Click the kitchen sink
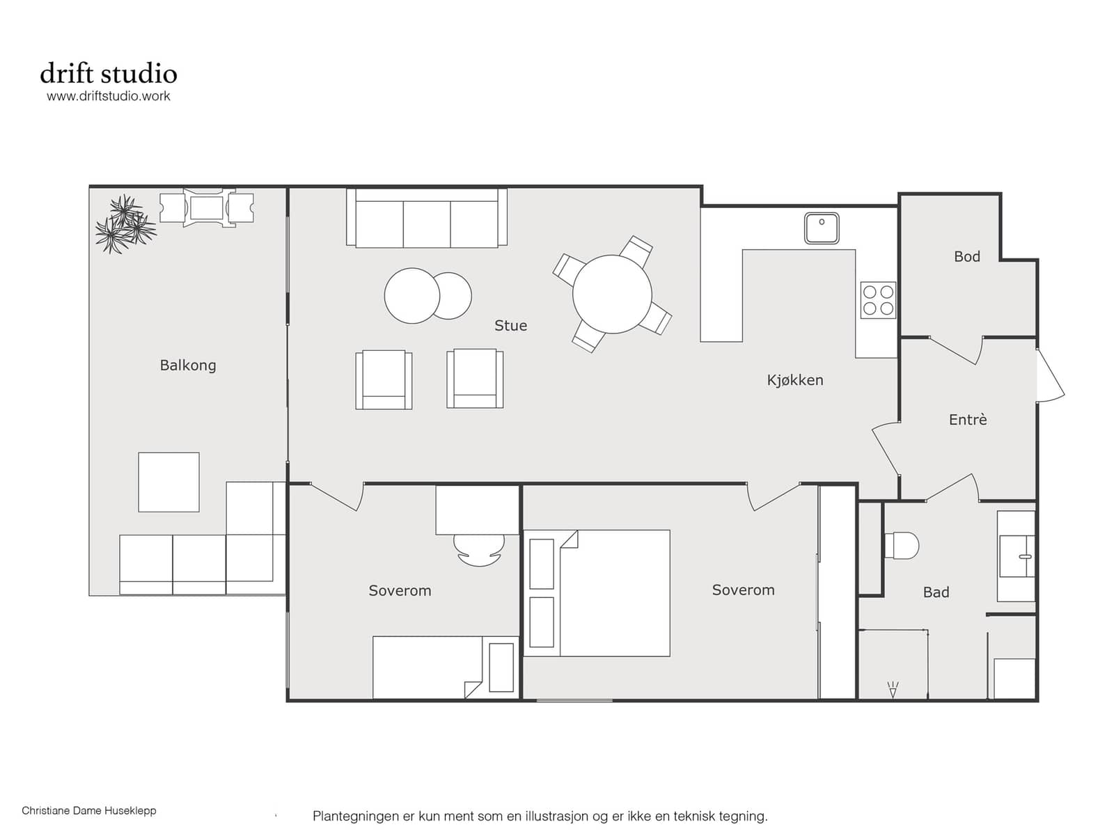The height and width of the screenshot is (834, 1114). [x=822, y=228]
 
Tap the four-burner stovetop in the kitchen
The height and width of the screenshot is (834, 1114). [x=878, y=300]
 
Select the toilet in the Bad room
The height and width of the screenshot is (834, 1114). [x=902, y=545]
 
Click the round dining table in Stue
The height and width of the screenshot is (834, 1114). [x=612, y=294]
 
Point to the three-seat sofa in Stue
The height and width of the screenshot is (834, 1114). [x=427, y=218]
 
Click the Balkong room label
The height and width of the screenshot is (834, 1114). [x=188, y=365]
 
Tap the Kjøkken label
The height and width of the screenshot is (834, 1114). [x=795, y=380]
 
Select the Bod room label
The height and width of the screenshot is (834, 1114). [x=967, y=257]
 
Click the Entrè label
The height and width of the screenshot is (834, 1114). [x=968, y=420]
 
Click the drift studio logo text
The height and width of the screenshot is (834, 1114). [x=109, y=74]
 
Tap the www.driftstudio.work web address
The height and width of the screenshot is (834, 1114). [x=109, y=96]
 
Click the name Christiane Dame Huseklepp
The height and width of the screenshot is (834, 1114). [x=89, y=810]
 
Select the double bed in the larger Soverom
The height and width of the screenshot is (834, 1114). [x=597, y=593]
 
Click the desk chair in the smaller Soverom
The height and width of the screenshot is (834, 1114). [x=479, y=550]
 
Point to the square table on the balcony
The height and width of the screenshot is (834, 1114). [x=169, y=482]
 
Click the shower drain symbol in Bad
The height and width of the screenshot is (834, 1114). [x=893, y=689]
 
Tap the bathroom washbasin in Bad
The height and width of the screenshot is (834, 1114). [x=1017, y=556]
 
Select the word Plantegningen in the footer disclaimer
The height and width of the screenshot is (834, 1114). [x=355, y=817]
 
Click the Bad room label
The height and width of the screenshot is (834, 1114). [x=936, y=592]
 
